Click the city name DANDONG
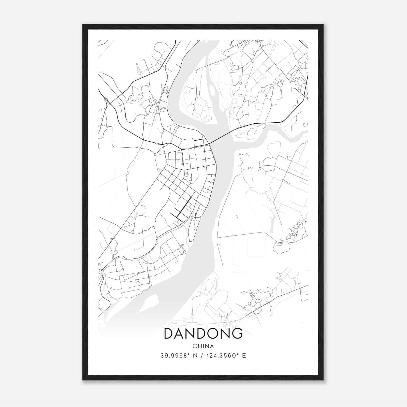(x=203, y=333)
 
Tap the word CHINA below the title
(x=203, y=346)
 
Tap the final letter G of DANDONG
(x=237, y=333)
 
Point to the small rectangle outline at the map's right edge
(x=306, y=124)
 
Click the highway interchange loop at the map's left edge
(x=106, y=100)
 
